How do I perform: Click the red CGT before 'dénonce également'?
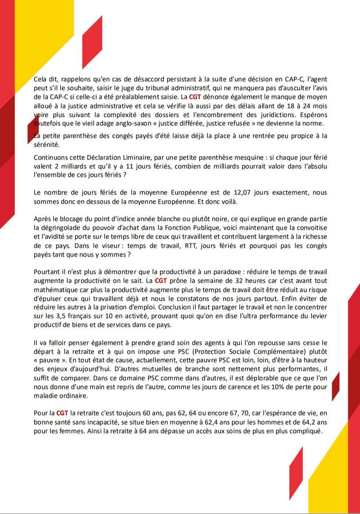pos(195,97)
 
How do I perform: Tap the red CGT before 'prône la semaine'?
pos(161,281)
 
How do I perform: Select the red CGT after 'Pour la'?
pos(62,413)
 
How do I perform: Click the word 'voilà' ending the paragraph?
pos(228,201)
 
